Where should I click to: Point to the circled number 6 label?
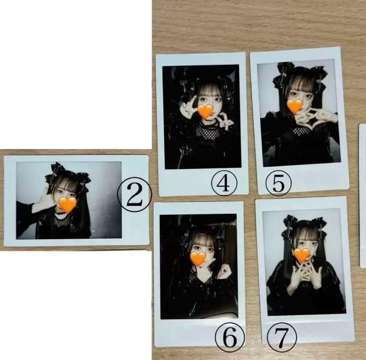(x=230, y=338)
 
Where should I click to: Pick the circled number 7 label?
(x=282, y=338)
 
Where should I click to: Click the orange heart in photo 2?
(x=67, y=205)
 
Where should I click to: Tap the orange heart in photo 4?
(x=205, y=111)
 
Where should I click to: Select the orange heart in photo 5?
(x=294, y=106)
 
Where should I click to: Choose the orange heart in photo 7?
(x=301, y=255)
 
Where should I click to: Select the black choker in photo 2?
(x=61, y=213)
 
